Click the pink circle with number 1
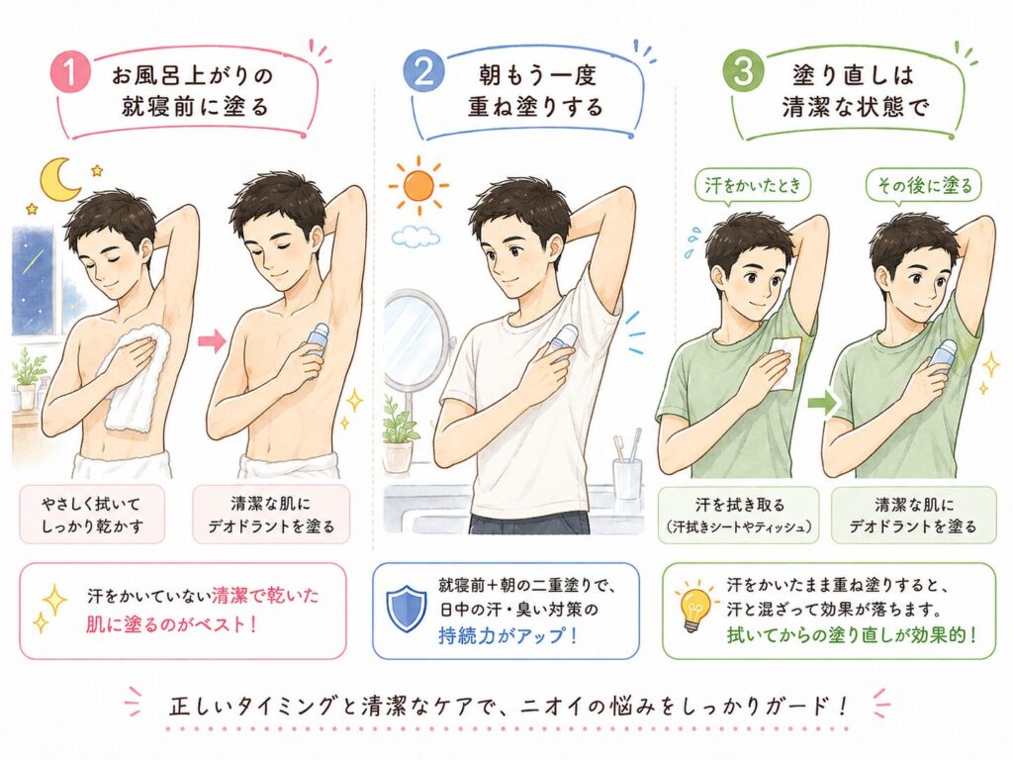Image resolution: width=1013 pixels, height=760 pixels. click(x=70, y=71)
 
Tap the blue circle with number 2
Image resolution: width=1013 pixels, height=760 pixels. click(x=423, y=71)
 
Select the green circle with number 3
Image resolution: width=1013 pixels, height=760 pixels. click(x=743, y=70)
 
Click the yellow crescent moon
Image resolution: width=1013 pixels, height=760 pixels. click(x=58, y=179)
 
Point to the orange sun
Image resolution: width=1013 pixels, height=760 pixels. click(x=418, y=185)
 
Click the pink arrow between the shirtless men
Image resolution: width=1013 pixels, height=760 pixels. click(x=211, y=340)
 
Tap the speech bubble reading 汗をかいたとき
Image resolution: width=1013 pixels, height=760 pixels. click(x=753, y=187)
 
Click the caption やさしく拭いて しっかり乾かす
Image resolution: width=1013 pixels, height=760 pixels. click(x=92, y=515)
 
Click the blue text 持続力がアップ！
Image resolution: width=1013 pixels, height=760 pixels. click(x=507, y=636)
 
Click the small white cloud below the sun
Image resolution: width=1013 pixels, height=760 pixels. click(x=416, y=237)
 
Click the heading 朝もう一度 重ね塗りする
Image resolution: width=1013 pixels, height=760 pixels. click(x=535, y=91)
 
